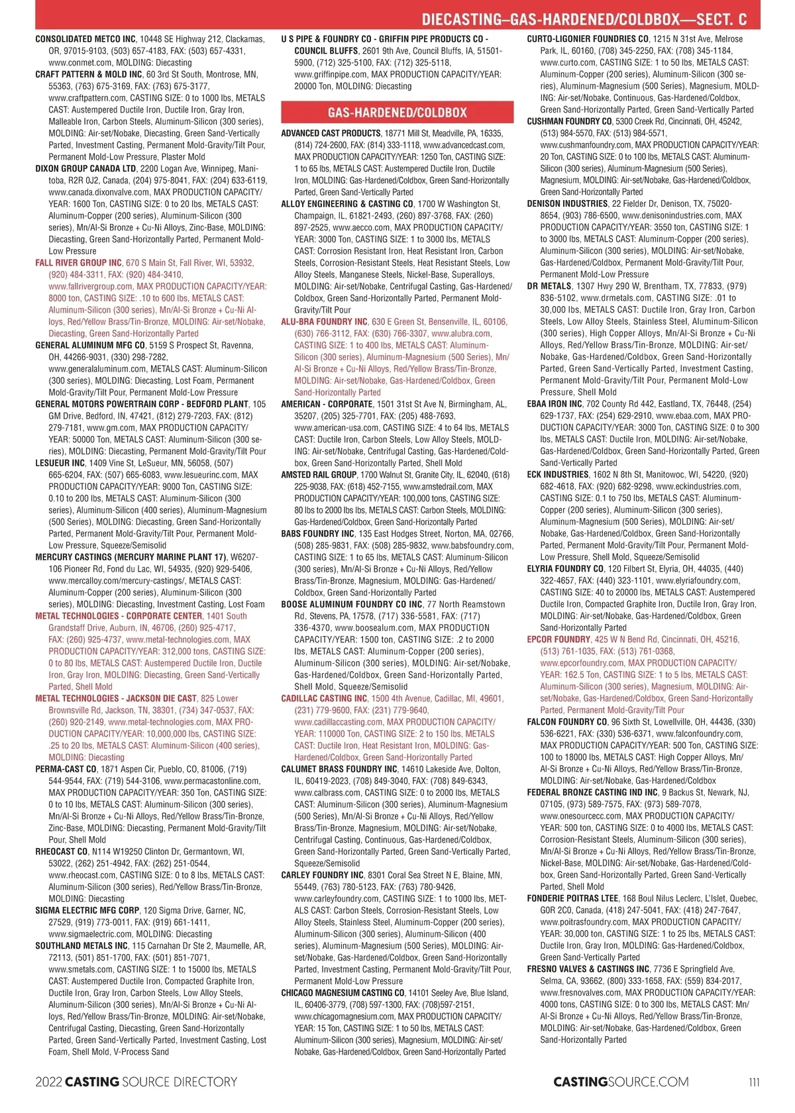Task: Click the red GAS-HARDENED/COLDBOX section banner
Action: click(x=397, y=113)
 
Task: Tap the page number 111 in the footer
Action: click(x=754, y=1082)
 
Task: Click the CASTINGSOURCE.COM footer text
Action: click(x=621, y=1082)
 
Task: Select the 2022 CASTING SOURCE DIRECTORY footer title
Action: click(x=136, y=1082)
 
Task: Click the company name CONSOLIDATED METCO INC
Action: click(x=85, y=39)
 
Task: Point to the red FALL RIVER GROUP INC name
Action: click(x=78, y=263)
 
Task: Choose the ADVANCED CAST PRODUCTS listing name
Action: click(x=331, y=133)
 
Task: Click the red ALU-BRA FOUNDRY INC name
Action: click(x=324, y=322)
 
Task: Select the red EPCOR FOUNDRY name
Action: click(x=558, y=639)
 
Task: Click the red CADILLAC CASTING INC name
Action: click(x=324, y=698)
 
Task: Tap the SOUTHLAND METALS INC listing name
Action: click(x=81, y=945)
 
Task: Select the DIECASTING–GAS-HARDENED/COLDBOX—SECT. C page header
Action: click(x=584, y=19)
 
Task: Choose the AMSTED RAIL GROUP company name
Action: click(x=319, y=475)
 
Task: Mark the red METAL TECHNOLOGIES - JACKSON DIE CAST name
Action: click(x=116, y=698)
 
